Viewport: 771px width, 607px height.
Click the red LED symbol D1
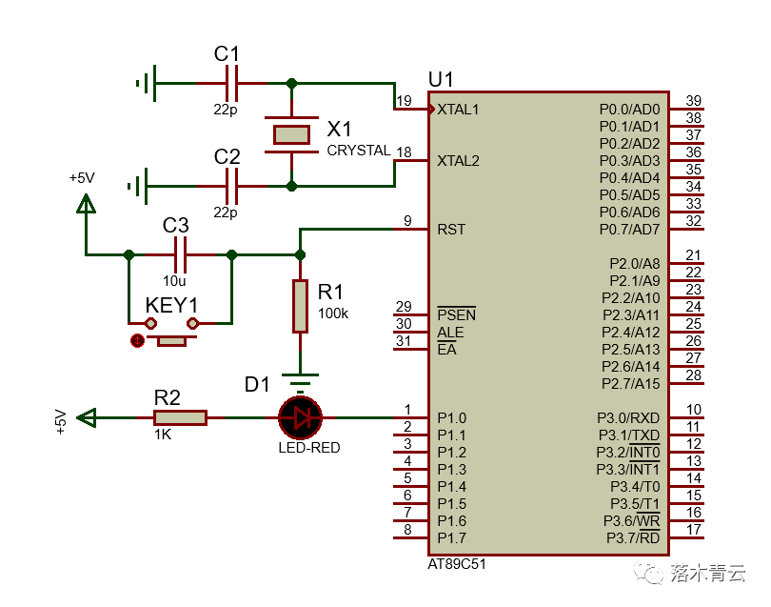pyautogui.click(x=300, y=417)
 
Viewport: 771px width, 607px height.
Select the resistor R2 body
pyautogui.click(x=180, y=417)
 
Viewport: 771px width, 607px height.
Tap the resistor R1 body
pyautogui.click(x=300, y=306)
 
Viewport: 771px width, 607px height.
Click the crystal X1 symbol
pyautogui.click(x=291, y=134)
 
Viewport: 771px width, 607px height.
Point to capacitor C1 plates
pyautogui.click(x=229, y=84)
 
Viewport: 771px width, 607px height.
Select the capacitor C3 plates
pyautogui.click(x=180, y=254)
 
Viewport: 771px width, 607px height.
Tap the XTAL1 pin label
pyautogui.click(x=458, y=109)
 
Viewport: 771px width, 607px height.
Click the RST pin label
pyautogui.click(x=450, y=229)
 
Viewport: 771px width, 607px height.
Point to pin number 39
pyautogui.click(x=694, y=101)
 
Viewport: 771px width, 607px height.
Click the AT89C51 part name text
pyautogui.click(x=457, y=564)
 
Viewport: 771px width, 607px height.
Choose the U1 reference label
pyautogui.click(x=442, y=78)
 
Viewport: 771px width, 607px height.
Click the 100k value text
pyautogui.click(x=333, y=313)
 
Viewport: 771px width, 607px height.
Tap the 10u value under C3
pyautogui.click(x=174, y=281)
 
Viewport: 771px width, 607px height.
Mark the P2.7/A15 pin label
pyautogui.click(x=631, y=383)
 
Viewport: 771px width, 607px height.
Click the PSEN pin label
pyautogui.click(x=456, y=314)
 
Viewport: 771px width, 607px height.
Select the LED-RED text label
pyautogui.click(x=308, y=448)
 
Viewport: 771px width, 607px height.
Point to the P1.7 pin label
pyautogui.click(x=451, y=537)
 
